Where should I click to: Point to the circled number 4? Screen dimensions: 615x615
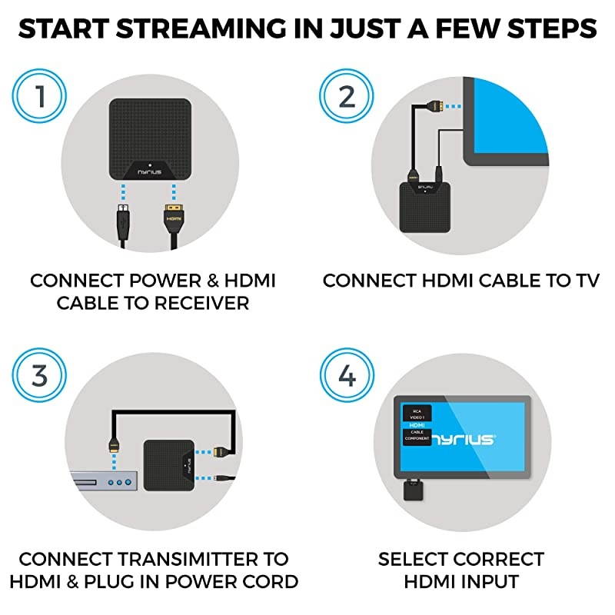(x=347, y=377)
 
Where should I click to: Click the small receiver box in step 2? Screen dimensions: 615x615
(x=422, y=203)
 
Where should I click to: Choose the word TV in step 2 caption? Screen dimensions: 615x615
(x=581, y=281)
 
